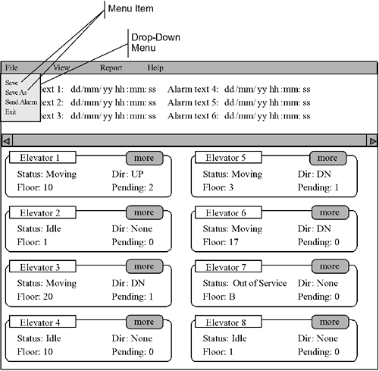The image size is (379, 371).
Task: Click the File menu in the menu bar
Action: click(x=11, y=68)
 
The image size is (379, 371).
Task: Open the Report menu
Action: click(x=111, y=68)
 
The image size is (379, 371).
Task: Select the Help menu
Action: click(x=155, y=68)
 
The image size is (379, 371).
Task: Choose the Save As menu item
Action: click(x=16, y=93)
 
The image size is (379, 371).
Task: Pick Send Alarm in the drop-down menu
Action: click(x=21, y=102)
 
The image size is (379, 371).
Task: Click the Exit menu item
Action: click(x=11, y=112)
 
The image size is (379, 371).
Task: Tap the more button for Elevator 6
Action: click(x=330, y=212)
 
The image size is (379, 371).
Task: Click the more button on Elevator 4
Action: click(x=145, y=322)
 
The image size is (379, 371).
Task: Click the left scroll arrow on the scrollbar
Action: click(x=7, y=140)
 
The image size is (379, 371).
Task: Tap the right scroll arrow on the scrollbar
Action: click(x=372, y=140)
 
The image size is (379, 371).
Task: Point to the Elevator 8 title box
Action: click(x=228, y=322)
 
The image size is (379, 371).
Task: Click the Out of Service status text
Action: click(x=259, y=283)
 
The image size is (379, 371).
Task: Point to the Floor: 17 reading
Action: click(x=221, y=242)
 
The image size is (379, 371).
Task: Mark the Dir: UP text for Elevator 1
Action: click(x=127, y=174)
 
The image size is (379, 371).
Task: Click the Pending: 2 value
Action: click(x=133, y=187)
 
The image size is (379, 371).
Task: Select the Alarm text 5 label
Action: click(x=193, y=102)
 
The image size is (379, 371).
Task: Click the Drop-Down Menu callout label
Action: click(x=155, y=42)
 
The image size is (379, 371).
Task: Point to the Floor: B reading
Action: click(x=219, y=297)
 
